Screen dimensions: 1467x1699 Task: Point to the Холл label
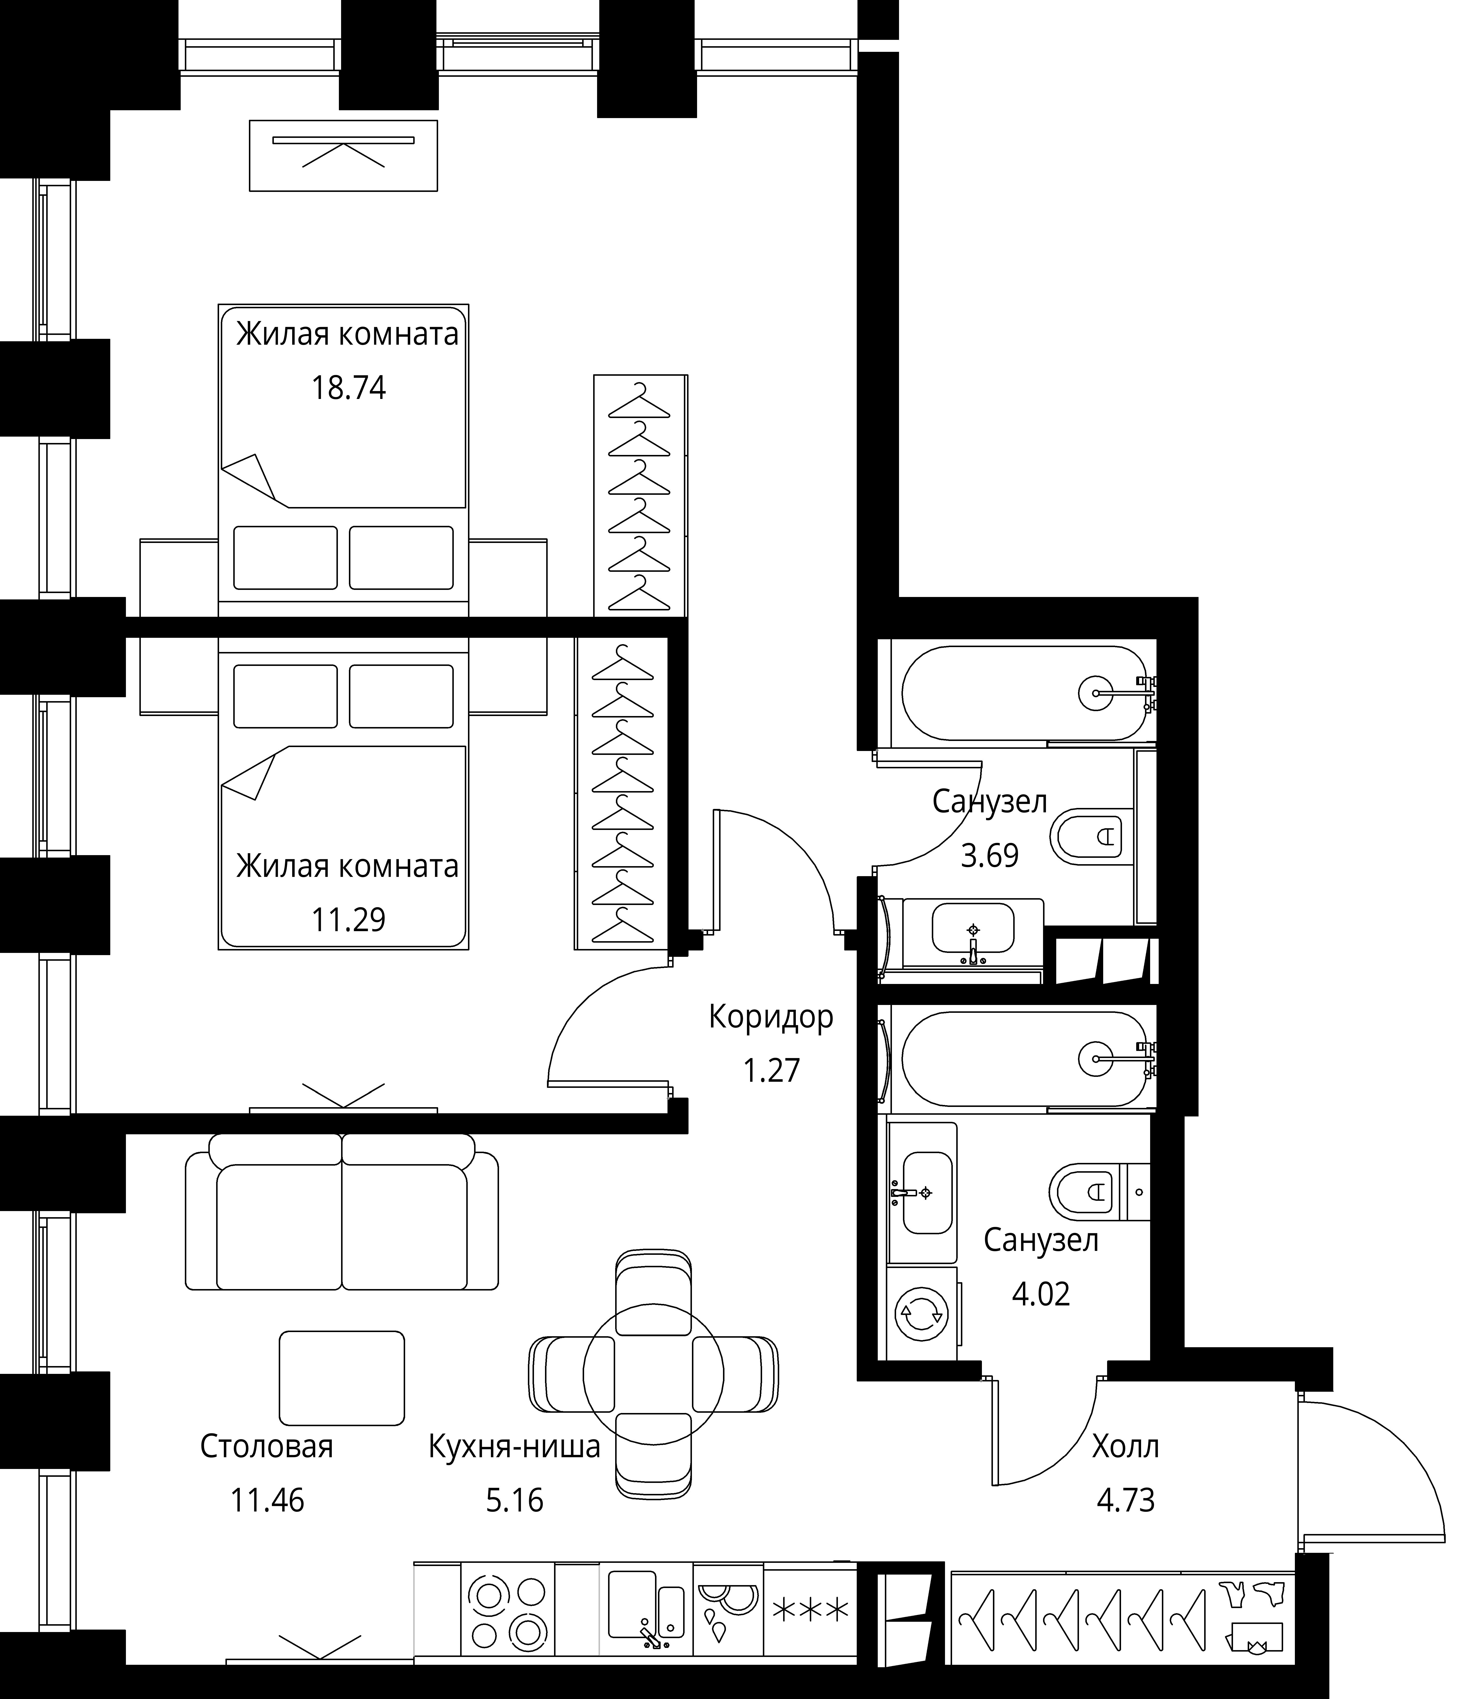click(1125, 1446)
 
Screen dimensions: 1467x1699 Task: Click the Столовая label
click(267, 1446)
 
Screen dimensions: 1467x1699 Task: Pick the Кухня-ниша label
click(514, 1446)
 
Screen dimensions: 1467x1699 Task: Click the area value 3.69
click(990, 855)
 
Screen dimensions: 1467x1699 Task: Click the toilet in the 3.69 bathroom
click(1087, 836)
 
